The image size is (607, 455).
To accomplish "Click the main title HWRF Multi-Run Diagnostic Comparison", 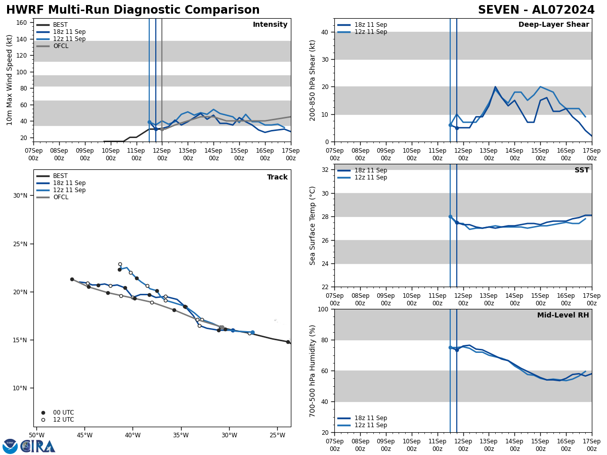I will (133, 10).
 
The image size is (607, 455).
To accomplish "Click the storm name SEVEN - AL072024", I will (536, 10).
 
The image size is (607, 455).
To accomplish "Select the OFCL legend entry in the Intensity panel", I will (60, 46).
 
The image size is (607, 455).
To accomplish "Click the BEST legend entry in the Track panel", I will (60, 176).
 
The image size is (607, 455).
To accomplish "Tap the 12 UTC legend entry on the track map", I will (63, 420).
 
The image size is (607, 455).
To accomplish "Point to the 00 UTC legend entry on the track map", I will (63, 413).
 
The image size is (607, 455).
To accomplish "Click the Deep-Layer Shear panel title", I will (553, 25).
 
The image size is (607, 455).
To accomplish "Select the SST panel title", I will (582, 170).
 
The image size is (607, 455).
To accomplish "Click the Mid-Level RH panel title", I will (563, 315).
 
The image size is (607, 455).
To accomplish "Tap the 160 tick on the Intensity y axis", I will (22, 23).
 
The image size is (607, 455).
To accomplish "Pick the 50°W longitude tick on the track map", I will (36, 435).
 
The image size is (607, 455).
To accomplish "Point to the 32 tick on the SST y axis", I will (324, 170).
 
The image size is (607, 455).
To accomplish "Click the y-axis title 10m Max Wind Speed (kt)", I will (10, 80).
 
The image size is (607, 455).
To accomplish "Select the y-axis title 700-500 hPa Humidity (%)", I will (313, 371).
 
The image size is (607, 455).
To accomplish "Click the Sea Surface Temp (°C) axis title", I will (313, 225).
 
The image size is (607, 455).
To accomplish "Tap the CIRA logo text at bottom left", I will (38, 446).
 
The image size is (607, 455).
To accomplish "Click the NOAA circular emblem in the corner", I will (10, 446).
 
